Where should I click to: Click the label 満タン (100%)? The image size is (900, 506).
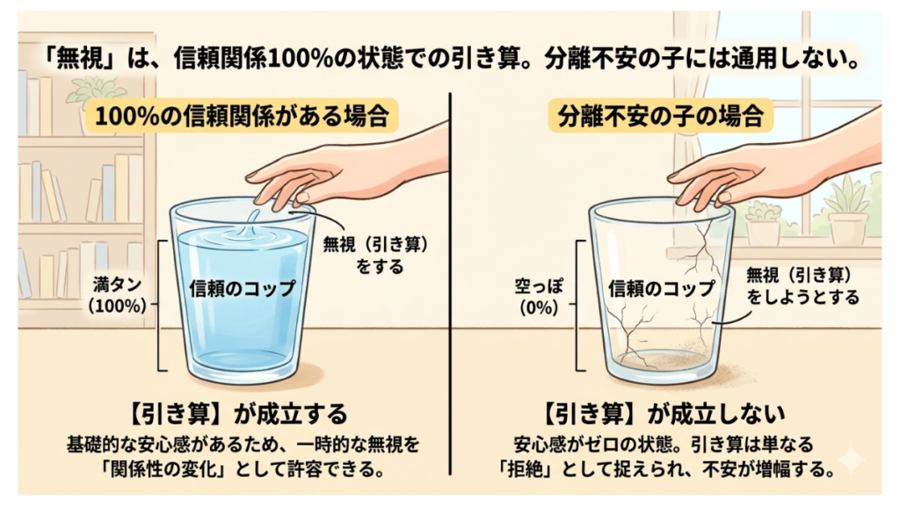click(x=117, y=295)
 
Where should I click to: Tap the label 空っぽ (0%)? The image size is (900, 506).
click(x=539, y=297)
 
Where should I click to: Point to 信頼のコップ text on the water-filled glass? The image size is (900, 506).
click(x=243, y=288)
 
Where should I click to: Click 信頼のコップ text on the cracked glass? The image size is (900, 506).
click(x=661, y=288)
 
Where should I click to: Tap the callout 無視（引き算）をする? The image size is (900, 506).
click(x=376, y=256)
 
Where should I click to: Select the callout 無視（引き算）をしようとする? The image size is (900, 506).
click(x=802, y=286)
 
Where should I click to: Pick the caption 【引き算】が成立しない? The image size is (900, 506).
click(x=664, y=413)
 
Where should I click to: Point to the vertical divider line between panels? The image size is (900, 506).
click(x=451, y=284)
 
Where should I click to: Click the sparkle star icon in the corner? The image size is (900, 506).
click(x=853, y=459)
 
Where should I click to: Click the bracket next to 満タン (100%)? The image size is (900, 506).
click(x=161, y=305)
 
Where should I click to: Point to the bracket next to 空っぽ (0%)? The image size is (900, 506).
click(x=579, y=305)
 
